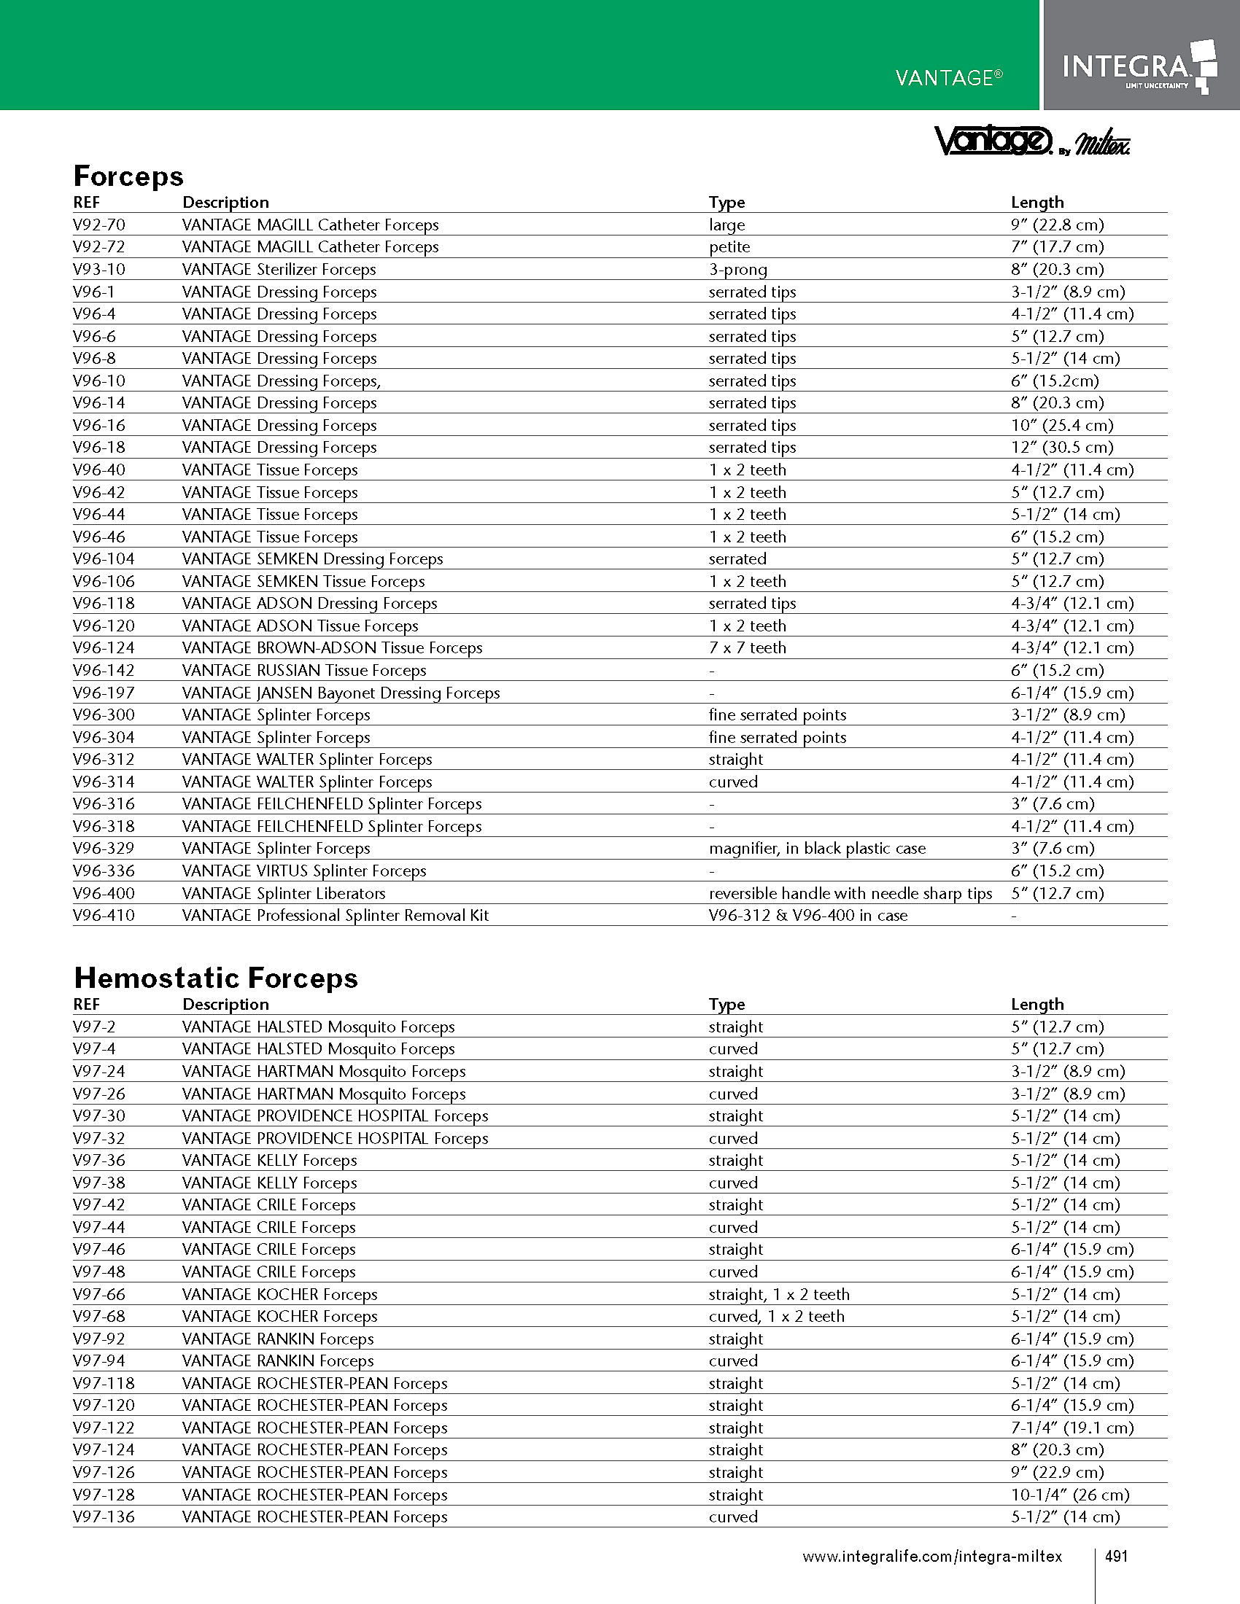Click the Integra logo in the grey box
[1139, 67]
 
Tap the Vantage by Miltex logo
[1031, 141]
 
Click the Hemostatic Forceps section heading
[216, 978]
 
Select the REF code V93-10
[99, 270]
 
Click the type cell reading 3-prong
[737, 270]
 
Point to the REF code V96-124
[104, 647]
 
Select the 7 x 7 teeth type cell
[747, 647]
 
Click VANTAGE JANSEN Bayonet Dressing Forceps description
[341, 693]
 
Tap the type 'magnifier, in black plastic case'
[817, 848]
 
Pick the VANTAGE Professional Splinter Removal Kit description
[335, 915]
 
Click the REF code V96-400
[104, 893]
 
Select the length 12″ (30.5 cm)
[1061, 447]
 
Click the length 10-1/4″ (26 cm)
[1069, 1495]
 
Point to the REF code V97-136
[104, 1517]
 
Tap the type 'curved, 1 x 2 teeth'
[777, 1316]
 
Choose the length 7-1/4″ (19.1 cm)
[1072, 1428]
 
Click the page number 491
[1116, 1557]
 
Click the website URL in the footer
[931, 1557]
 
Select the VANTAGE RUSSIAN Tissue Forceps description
[304, 671]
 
